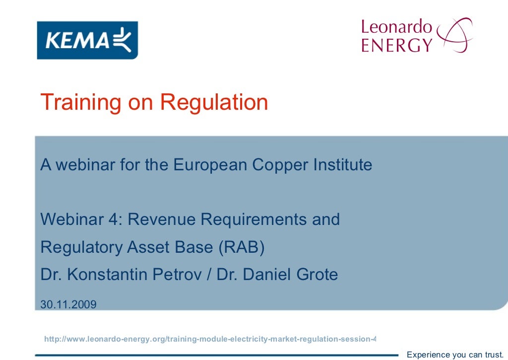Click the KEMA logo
[87, 40]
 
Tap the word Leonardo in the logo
[397, 27]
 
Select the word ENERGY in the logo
[397, 45]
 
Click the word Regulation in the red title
[214, 102]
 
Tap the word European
[210, 165]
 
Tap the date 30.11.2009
[68, 304]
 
